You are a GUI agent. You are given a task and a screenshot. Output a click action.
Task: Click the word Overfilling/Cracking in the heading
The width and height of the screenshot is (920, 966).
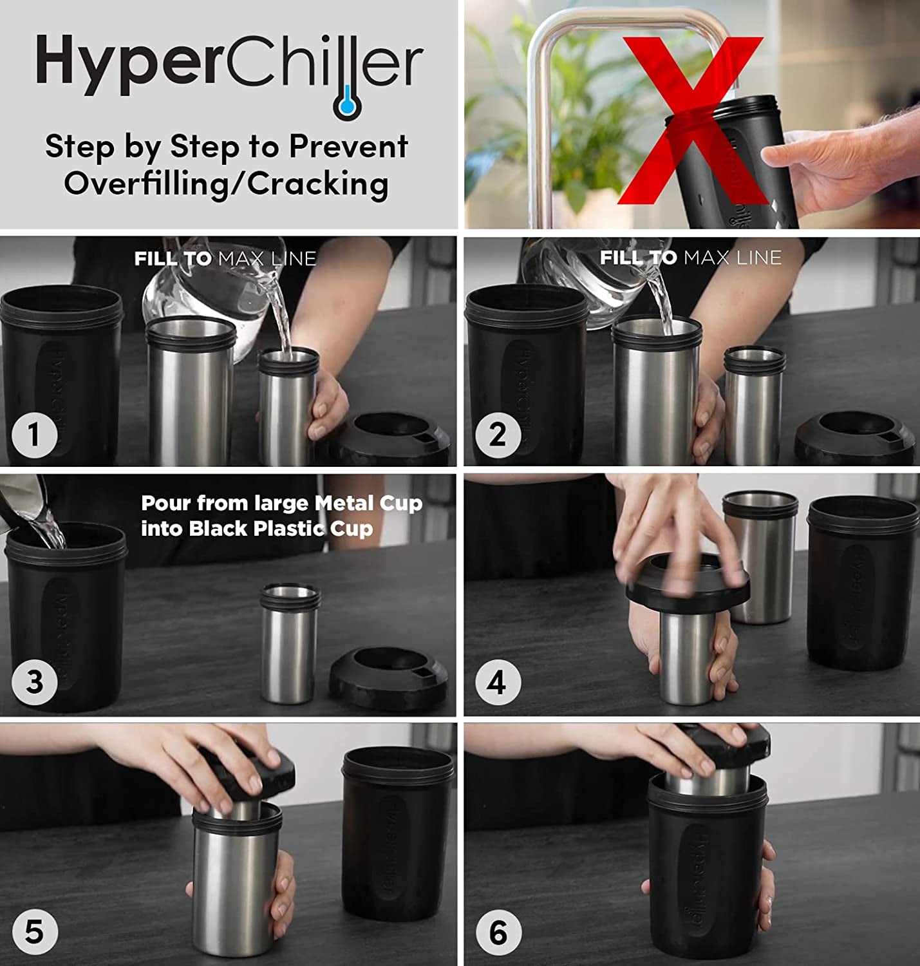226,184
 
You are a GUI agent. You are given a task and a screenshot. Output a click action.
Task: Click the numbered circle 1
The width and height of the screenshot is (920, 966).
35,435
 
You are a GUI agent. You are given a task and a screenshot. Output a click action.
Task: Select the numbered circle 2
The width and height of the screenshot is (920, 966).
497,435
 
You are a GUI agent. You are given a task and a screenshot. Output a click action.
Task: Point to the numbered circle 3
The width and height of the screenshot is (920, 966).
35,682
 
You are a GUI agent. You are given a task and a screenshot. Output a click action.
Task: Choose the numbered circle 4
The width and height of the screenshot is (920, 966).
497,682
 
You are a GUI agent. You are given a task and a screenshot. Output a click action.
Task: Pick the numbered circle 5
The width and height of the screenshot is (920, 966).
35,932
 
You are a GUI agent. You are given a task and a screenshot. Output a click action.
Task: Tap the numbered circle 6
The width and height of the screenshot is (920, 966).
497,932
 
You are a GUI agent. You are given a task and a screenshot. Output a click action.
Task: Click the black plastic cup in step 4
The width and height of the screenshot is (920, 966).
861,583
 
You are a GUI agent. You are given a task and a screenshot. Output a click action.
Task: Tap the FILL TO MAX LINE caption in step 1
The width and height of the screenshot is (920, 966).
225,259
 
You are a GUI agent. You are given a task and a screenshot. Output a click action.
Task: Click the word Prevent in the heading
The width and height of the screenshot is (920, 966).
348,147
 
